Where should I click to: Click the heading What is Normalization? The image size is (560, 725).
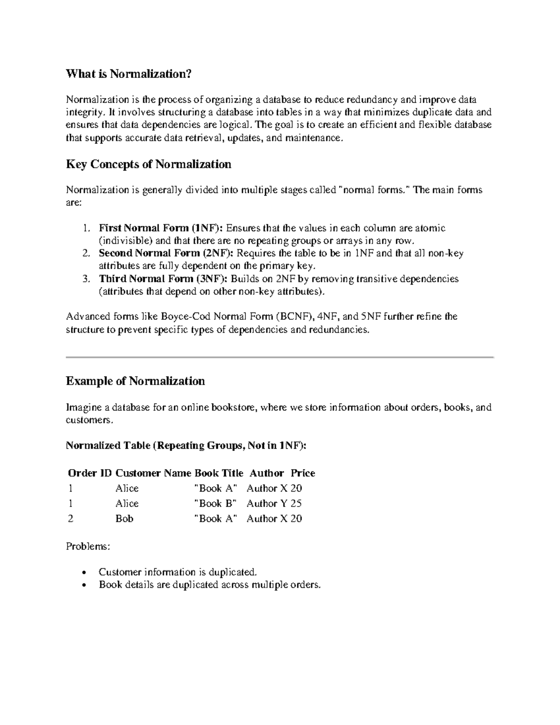(129, 74)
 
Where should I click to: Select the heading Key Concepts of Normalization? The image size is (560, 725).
(148, 164)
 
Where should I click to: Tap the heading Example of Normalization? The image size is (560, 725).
(135, 381)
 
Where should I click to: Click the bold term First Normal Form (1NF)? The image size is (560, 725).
(161, 228)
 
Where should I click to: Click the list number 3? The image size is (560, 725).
(85, 279)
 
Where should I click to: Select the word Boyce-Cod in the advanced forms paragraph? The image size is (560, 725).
(185, 317)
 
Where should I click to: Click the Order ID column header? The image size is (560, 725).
(90, 473)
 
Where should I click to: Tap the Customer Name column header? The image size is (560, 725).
(154, 473)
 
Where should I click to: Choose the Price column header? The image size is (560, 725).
(303, 473)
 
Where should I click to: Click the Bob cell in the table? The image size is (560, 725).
(125, 519)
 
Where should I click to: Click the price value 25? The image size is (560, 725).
(296, 504)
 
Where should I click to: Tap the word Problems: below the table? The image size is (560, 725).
(88, 546)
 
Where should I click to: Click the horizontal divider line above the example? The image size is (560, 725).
(280, 357)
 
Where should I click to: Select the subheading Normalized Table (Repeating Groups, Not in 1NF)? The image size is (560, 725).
(186, 445)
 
